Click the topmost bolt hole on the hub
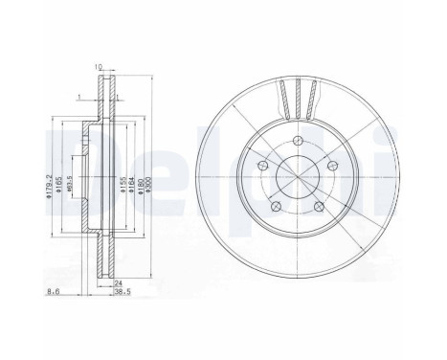(x=295, y=144)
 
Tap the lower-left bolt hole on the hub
(x=274, y=208)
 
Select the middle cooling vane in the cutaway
(x=295, y=95)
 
